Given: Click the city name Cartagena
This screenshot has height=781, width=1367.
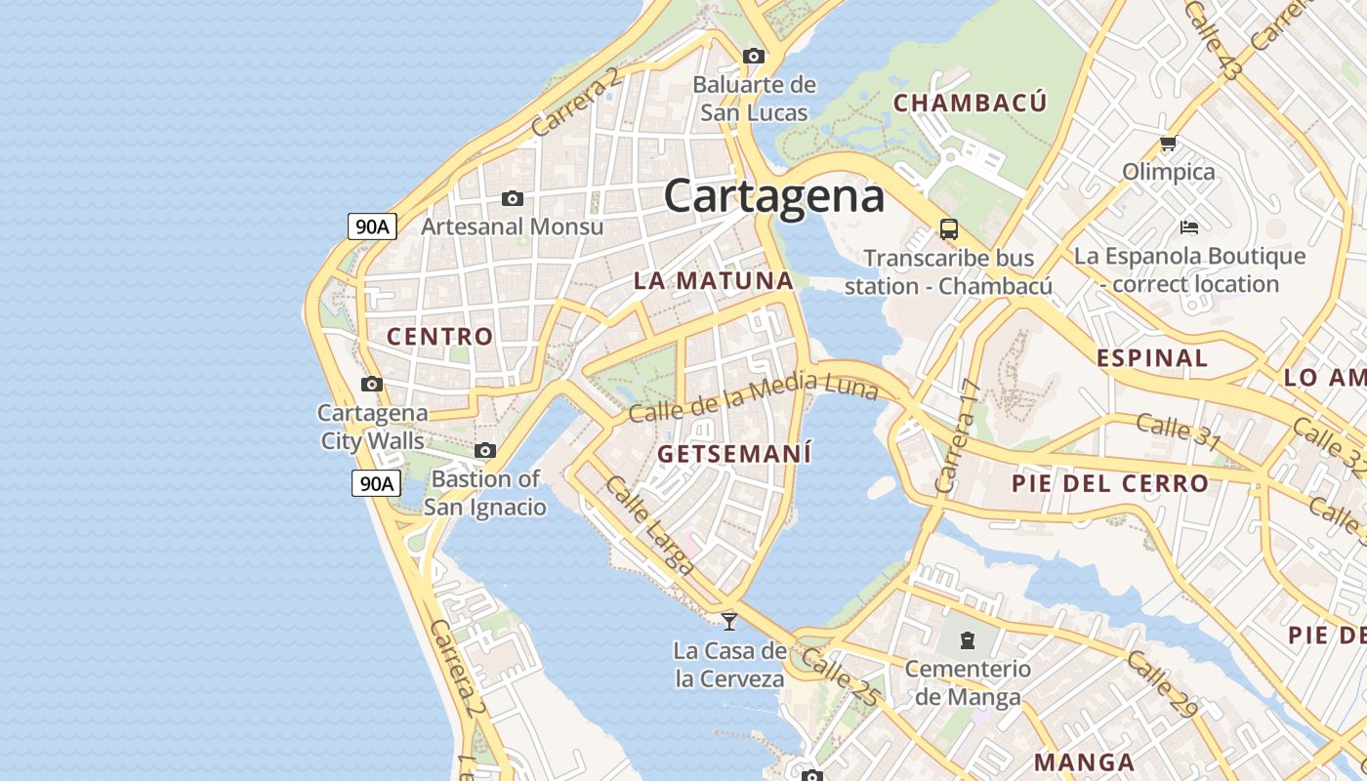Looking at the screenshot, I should [774, 195].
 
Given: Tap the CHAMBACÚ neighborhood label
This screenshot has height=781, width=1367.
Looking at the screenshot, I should [970, 103].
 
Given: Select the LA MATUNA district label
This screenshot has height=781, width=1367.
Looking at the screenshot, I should [713, 280].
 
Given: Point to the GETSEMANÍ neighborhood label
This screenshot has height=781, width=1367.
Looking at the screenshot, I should [734, 454].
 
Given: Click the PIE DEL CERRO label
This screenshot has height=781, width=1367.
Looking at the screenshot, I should [1110, 483].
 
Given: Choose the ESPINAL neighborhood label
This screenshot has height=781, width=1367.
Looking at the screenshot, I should [1152, 357].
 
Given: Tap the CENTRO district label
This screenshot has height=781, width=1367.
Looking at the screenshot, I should [440, 337].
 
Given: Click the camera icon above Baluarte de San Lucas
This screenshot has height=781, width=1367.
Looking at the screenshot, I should [753, 57].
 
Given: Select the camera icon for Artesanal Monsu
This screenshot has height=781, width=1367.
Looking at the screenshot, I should [513, 199].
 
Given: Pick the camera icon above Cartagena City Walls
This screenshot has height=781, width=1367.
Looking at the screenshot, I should [372, 385].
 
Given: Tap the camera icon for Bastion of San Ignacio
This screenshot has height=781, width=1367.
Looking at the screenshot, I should [485, 451].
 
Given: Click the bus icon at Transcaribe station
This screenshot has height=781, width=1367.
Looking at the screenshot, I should [948, 229].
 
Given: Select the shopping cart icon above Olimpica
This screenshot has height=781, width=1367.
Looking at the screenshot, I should [1168, 144].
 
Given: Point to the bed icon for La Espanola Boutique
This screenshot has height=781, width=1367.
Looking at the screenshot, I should [1188, 227].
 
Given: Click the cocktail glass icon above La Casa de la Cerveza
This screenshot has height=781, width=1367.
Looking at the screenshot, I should [729, 621].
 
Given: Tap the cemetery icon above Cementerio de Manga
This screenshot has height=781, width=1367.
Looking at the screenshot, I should [967, 640].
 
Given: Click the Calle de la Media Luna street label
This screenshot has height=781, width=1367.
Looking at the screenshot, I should [753, 396].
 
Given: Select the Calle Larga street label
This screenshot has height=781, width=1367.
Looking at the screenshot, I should [648, 524].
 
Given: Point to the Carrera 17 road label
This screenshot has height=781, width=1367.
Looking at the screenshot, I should [957, 435].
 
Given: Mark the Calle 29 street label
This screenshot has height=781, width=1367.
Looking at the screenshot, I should [1161, 684].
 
